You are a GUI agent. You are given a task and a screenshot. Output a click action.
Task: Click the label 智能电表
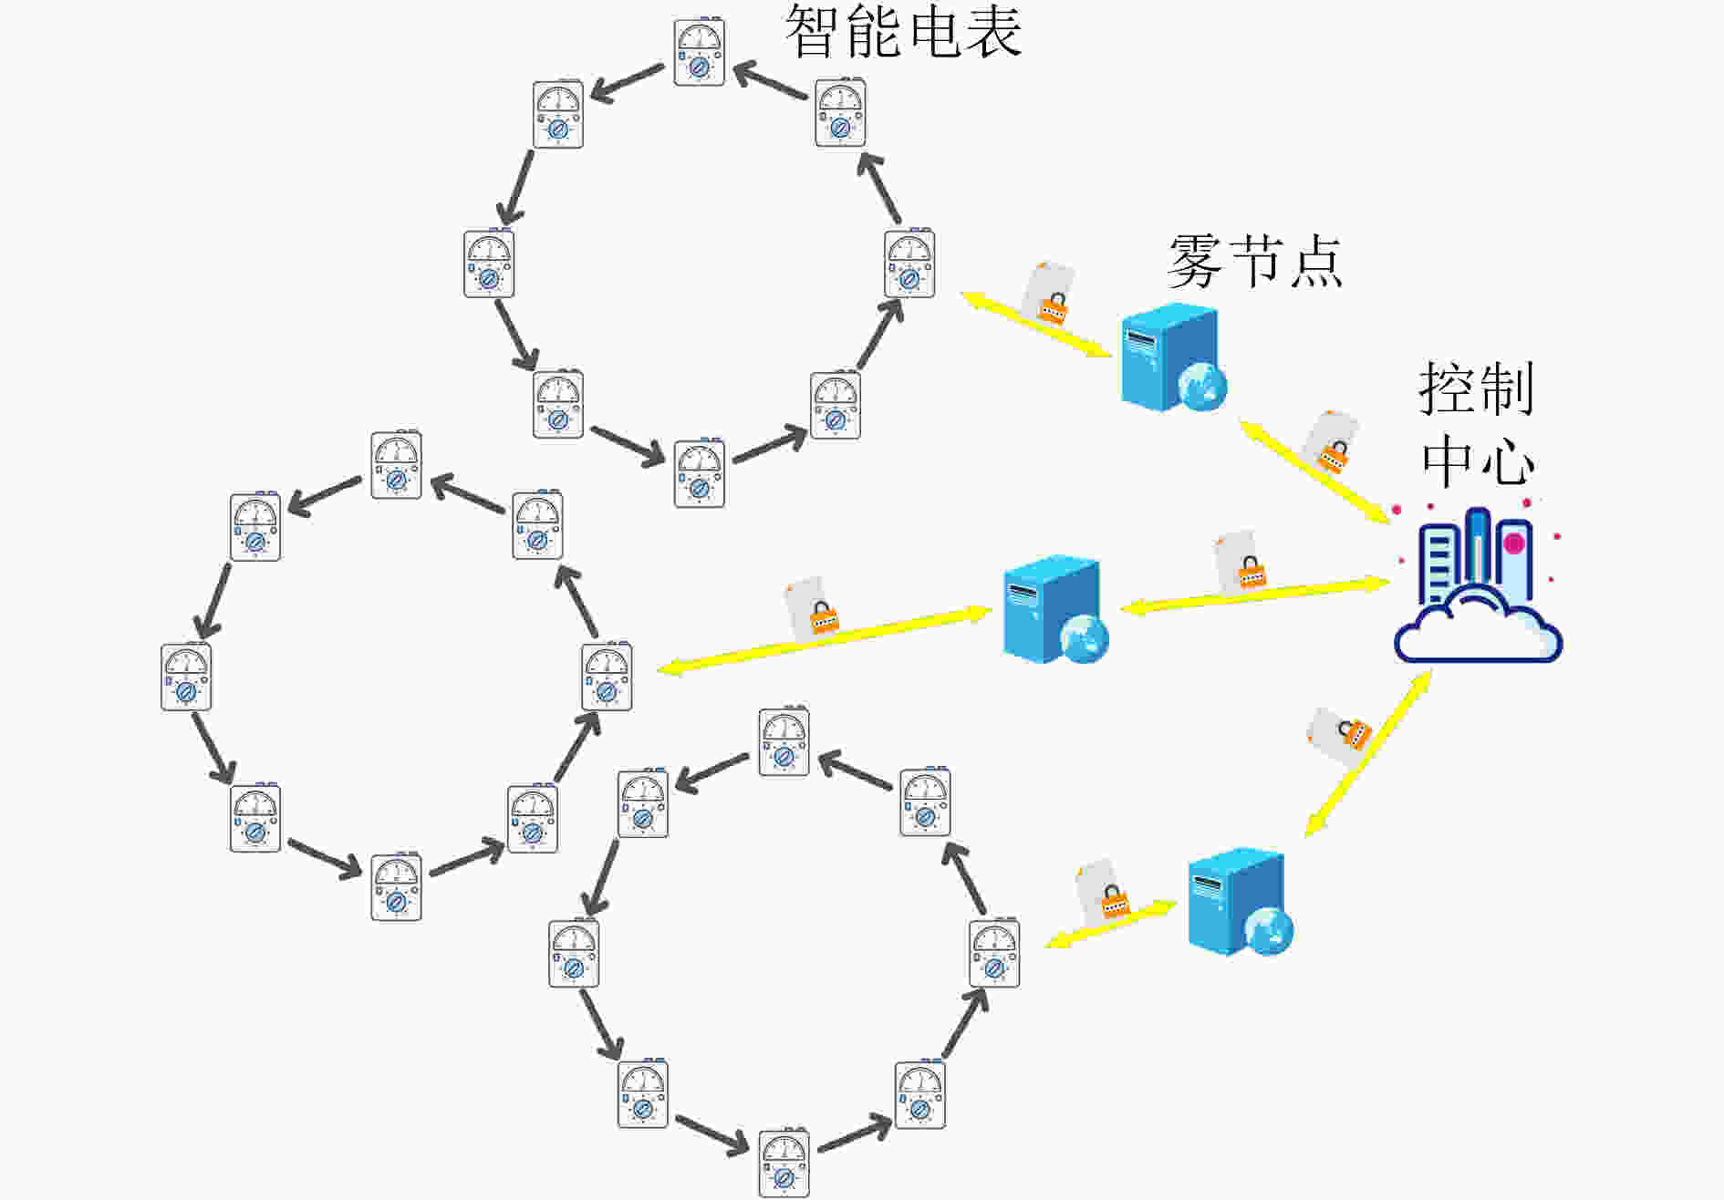pos(903,32)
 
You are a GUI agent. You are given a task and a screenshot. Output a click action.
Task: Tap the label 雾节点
pos(1255,261)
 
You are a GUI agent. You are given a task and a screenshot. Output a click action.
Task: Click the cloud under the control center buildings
pos(1478,625)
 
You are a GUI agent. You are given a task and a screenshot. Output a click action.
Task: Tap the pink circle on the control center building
pos(1514,544)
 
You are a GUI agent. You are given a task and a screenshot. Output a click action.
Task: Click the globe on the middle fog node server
pos(1084,637)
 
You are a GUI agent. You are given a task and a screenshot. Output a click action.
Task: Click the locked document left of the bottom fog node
pos(1103,888)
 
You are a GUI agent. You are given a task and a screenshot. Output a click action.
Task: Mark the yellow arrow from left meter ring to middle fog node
pos(825,641)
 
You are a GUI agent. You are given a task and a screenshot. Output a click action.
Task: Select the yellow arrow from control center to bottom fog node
pos(1368,753)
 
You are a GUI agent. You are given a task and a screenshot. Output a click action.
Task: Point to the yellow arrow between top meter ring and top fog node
pos(1036,325)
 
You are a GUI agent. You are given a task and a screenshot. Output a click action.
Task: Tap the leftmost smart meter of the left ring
pos(186,677)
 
